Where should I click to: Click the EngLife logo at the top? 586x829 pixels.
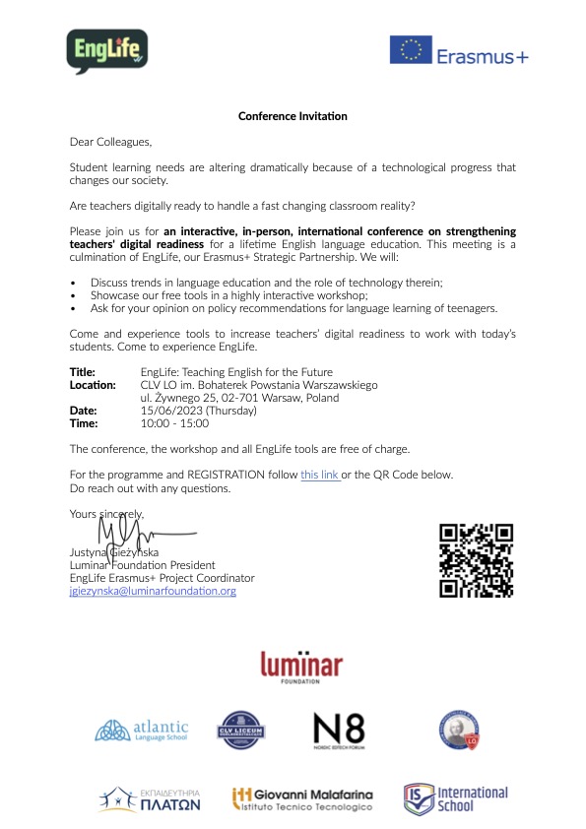tap(107, 51)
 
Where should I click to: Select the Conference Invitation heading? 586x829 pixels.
tap(293, 116)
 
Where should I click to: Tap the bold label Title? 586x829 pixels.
tap(83, 372)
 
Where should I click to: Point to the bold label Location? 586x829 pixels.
tap(93, 385)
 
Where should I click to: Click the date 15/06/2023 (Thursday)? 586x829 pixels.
tap(199, 411)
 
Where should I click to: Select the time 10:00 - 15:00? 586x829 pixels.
tap(175, 423)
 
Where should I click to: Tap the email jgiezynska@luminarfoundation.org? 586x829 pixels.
tap(153, 591)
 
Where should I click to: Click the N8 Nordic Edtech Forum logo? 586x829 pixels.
tap(339, 731)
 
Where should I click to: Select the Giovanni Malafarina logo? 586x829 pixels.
tap(301, 798)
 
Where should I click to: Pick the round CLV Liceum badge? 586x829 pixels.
tap(242, 731)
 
